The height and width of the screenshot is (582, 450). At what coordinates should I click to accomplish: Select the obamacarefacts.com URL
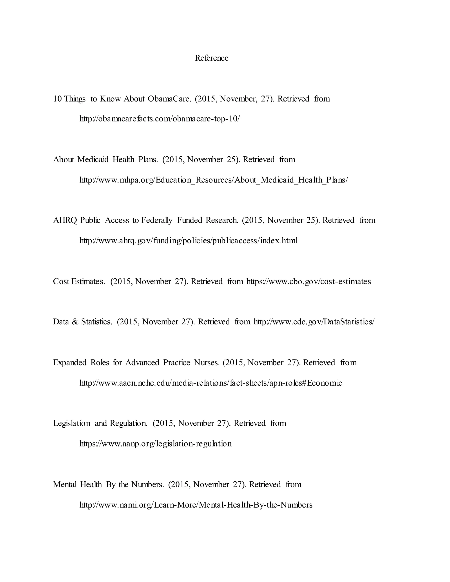click(x=160, y=119)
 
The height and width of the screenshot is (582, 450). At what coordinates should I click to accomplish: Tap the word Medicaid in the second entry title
click(x=93, y=160)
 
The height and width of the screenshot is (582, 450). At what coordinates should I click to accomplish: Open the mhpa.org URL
click(x=214, y=180)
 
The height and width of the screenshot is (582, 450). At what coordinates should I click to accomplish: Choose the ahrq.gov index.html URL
click(x=189, y=241)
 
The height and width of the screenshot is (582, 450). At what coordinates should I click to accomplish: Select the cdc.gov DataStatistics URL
click(x=314, y=322)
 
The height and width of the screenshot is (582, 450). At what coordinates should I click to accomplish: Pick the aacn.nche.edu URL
click(x=210, y=383)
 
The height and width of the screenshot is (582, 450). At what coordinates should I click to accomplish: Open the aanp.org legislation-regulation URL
click(x=155, y=444)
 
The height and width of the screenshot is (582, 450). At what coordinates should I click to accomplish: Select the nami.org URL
click(x=196, y=505)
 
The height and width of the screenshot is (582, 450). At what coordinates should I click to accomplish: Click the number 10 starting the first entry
click(x=57, y=99)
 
